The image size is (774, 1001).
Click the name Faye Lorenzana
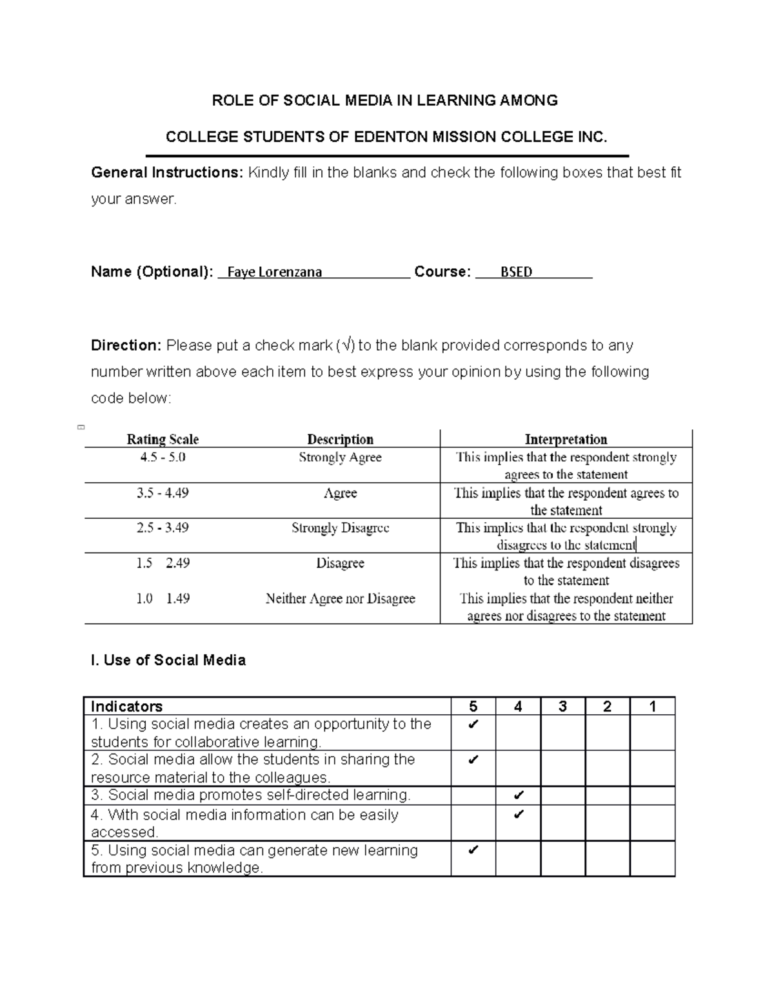click(x=274, y=272)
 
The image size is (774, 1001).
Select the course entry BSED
click(x=516, y=272)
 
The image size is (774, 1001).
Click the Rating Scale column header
click(x=163, y=440)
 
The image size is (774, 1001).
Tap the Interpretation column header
click(x=566, y=440)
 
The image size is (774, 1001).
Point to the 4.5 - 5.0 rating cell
click(x=163, y=458)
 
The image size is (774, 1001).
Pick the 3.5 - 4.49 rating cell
click(x=163, y=493)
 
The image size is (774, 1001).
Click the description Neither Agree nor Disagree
click(x=340, y=599)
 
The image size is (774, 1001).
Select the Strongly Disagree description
click(x=340, y=528)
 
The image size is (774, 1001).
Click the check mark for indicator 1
click(x=473, y=724)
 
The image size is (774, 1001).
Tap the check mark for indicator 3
click(x=518, y=795)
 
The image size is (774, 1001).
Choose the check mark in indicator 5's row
click(x=473, y=850)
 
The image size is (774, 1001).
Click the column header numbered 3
click(x=562, y=706)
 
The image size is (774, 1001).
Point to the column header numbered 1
click(x=652, y=706)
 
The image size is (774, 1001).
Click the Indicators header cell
click(x=127, y=706)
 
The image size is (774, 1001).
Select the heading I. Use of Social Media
click(x=168, y=660)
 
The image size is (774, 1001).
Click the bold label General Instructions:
click(x=167, y=173)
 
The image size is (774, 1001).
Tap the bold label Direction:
click(x=126, y=345)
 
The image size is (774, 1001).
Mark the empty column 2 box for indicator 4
click(x=608, y=822)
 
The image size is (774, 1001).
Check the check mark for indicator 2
click(x=473, y=760)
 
